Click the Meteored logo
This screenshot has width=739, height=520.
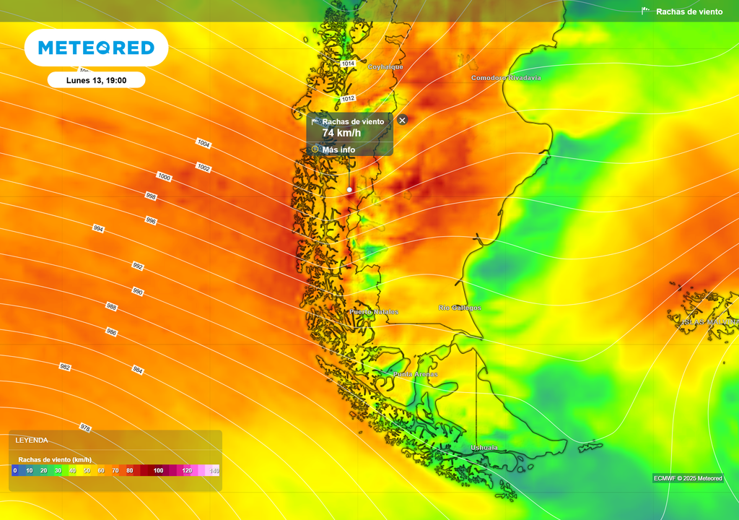pos(96,48)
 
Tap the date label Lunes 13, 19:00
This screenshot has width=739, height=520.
pos(96,80)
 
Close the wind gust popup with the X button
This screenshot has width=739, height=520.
pos(402,120)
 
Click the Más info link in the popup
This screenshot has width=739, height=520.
pos(338,149)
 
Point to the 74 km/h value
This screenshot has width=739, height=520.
pos(341,133)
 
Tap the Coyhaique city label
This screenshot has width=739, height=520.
pos(385,67)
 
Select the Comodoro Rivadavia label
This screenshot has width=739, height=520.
pos(506,77)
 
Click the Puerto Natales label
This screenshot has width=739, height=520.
pos(374,312)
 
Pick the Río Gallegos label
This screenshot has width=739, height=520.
pos(460,308)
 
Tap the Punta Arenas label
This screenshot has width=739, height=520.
pos(415,374)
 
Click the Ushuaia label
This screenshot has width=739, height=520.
pos(484,448)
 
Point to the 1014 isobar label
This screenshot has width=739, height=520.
pos(349,64)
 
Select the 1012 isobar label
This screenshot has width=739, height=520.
pos(349,98)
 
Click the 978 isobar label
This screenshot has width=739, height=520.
pos(85,428)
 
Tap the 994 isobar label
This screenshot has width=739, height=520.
pos(98,228)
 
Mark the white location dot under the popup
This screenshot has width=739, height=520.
pos(349,190)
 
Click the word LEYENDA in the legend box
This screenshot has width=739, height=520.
pos(32,440)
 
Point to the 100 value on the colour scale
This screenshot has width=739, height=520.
pos(159,471)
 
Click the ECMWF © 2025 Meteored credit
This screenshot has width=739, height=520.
pos(688,478)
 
